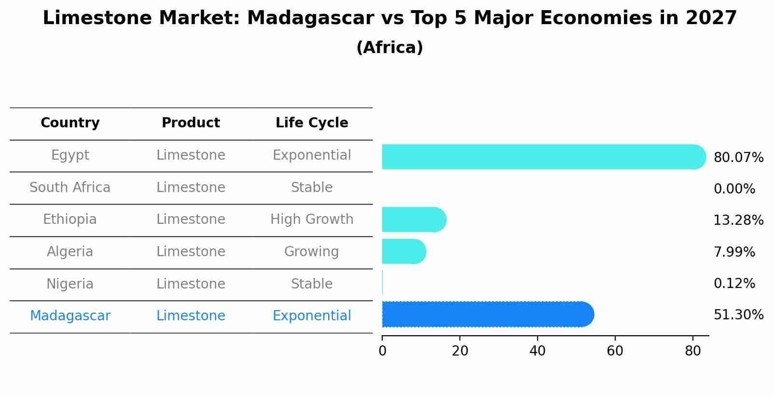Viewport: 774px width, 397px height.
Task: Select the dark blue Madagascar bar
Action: pos(487,315)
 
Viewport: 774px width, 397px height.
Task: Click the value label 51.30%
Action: pos(738,315)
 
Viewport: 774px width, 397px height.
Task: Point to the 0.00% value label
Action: pos(734,189)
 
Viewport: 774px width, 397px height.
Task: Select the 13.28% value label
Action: pos(738,220)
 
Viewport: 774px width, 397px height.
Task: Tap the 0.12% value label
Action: pos(734,284)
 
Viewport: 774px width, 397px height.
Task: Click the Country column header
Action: pos(70,123)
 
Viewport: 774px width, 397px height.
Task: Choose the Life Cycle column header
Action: pos(312,123)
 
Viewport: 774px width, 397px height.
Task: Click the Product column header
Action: pos(191,123)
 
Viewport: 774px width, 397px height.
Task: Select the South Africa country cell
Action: pos(70,187)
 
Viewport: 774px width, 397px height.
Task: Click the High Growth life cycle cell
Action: pos(312,219)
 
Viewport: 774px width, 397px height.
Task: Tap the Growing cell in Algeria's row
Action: pos(312,252)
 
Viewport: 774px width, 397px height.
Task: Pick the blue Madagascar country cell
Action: pos(70,316)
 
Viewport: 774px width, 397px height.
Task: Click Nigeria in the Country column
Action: pos(70,284)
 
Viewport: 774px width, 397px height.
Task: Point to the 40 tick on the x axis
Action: pos(538,351)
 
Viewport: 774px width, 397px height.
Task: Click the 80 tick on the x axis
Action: pos(693,351)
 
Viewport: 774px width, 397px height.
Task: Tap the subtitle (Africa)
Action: pos(389,48)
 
